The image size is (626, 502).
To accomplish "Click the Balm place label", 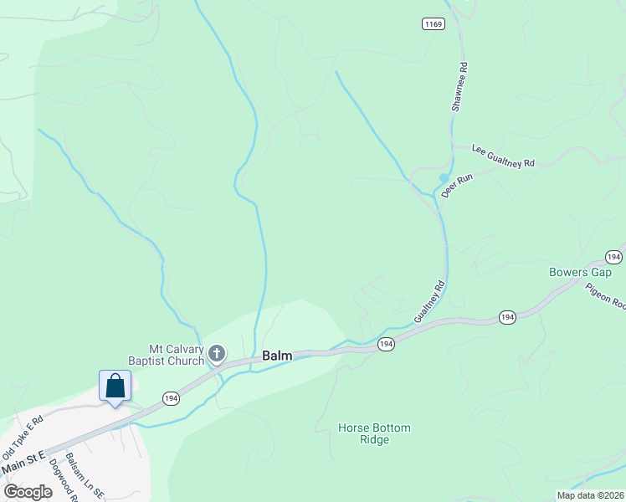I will click(x=277, y=356).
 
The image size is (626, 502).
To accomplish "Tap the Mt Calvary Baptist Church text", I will click(x=166, y=355).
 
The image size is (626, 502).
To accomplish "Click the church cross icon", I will click(x=217, y=354).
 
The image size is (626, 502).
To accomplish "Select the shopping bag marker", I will click(x=115, y=387).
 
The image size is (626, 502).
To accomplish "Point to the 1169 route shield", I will click(x=433, y=25).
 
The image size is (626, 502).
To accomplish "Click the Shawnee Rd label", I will click(x=459, y=86).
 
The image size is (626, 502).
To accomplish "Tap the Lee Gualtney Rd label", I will click(x=503, y=156).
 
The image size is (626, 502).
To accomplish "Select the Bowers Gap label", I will click(x=580, y=272).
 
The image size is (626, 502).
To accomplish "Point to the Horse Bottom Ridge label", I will click(x=374, y=433).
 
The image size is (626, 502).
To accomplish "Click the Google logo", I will click(x=28, y=492).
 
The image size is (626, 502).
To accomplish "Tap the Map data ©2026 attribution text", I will click(x=591, y=495).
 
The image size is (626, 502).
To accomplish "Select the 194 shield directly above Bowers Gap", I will click(x=613, y=256).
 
